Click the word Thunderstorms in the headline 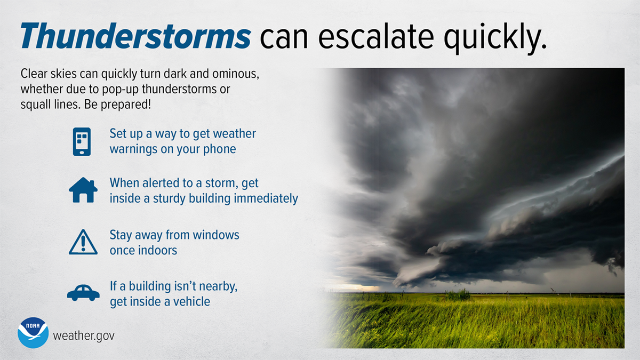(x=135, y=36)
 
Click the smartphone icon (x=82, y=141)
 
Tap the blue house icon (x=83, y=190)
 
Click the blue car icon (x=83, y=292)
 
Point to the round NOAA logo (x=33, y=334)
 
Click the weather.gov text (x=84, y=336)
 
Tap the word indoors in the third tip (x=158, y=250)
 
